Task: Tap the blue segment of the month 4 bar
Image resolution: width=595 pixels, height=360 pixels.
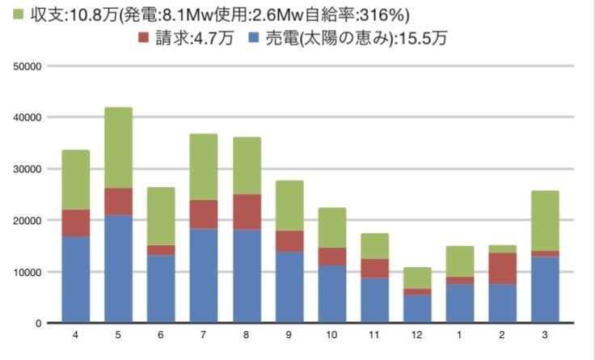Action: click(x=76, y=279)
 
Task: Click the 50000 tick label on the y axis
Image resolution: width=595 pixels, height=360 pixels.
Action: click(x=29, y=66)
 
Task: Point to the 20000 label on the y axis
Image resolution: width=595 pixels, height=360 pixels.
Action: click(x=29, y=220)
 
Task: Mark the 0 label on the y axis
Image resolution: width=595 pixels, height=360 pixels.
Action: click(x=38, y=324)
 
